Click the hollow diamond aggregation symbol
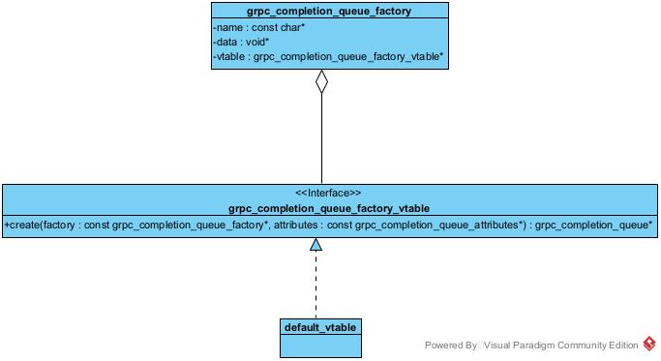[x=321, y=84]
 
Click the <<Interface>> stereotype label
[x=328, y=193]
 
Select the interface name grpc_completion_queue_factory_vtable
[x=328, y=208]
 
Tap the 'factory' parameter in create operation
[x=66, y=225]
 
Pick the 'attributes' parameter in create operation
[x=300, y=225]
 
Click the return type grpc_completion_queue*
[x=593, y=225]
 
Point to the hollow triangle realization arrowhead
[x=315, y=244]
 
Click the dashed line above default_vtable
[x=315, y=286]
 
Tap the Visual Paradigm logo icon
[x=649, y=345]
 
